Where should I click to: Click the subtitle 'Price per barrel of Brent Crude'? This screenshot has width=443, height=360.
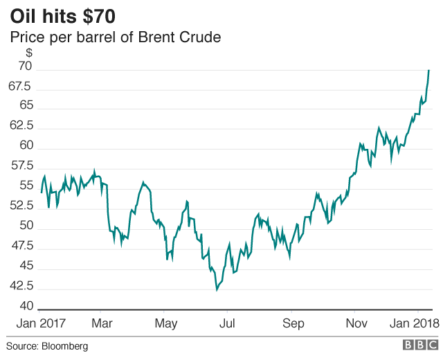115,37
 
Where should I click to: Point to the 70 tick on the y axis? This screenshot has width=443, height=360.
25,67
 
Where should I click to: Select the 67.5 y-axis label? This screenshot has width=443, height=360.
20,87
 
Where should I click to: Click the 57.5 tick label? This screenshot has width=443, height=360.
20,166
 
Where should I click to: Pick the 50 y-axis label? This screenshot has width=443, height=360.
25,226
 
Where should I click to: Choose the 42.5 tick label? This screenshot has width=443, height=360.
20,286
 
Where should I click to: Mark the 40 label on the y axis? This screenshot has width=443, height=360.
25,306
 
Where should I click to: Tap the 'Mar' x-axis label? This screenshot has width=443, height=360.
102,324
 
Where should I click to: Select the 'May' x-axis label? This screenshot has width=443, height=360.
165,324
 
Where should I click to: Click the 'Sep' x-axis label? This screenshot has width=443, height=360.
293,324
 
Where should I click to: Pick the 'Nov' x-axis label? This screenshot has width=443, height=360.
356,324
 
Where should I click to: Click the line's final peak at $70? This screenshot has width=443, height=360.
429,70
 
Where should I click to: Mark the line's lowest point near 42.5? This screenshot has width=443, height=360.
217,289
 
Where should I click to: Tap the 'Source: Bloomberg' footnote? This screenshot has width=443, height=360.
47,346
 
